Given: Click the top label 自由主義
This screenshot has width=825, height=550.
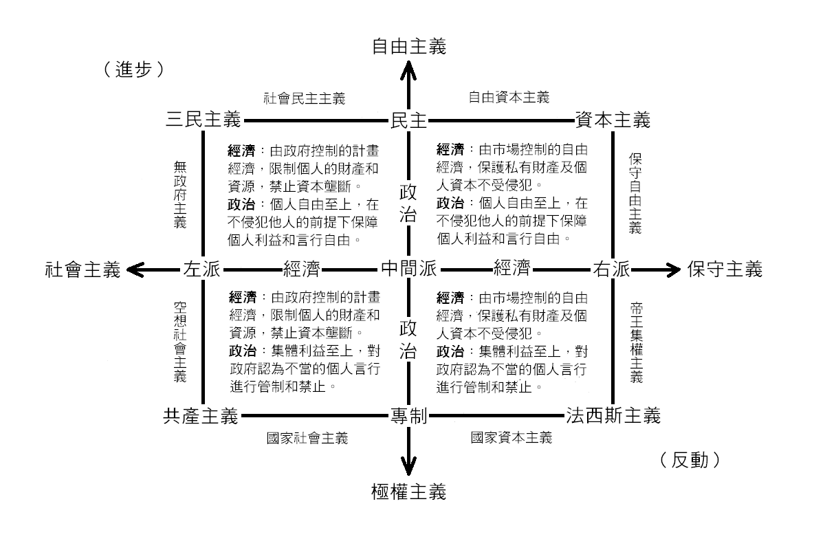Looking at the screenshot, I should (409, 46).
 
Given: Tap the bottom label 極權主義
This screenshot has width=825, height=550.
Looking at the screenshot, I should (409, 492).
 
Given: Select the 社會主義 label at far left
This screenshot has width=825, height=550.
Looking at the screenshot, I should (83, 269).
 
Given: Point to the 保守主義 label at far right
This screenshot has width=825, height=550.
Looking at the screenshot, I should (725, 269).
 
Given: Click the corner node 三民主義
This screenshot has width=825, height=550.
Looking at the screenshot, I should (203, 120).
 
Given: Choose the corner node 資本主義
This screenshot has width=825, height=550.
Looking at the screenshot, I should (612, 120).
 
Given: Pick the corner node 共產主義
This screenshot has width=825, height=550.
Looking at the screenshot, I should (201, 415).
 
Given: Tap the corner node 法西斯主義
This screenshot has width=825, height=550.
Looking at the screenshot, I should (613, 415).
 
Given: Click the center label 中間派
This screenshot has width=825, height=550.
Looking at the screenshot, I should (409, 269).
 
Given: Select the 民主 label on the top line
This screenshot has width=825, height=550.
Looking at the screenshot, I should (409, 120).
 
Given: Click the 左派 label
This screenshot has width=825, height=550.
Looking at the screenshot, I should (201, 269).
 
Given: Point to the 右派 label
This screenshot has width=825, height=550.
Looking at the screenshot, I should (612, 269).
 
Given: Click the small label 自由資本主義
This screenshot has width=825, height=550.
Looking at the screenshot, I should (509, 98).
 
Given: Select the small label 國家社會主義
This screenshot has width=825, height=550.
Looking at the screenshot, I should (307, 437).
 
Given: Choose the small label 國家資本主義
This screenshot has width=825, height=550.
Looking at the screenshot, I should (511, 437).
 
